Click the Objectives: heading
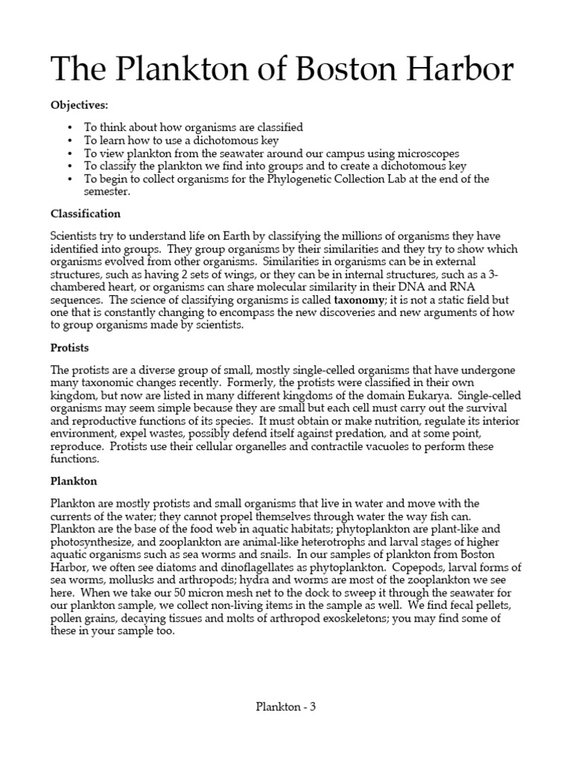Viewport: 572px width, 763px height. pyautogui.click(x=79, y=106)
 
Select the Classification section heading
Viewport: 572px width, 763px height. pyautogui.click(x=85, y=214)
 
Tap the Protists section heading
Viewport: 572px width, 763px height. pyautogui.click(x=69, y=347)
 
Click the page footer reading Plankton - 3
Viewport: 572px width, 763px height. pyautogui.click(x=285, y=708)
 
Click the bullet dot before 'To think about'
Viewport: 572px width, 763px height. pyautogui.click(x=70, y=127)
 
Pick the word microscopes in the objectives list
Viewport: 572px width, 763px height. pyautogui.click(x=424, y=153)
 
